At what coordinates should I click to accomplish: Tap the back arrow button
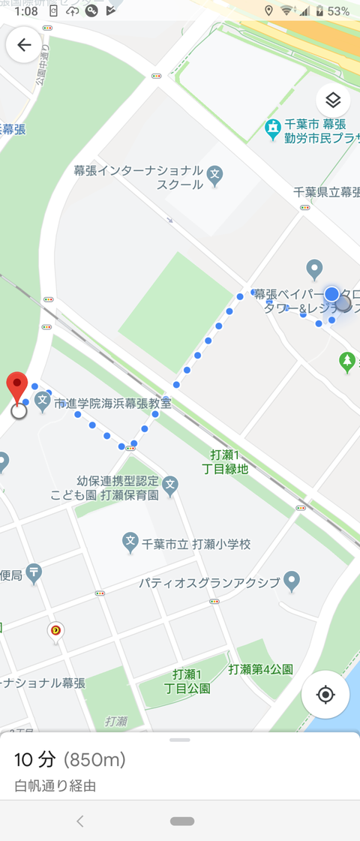(24, 45)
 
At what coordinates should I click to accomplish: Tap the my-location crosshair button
(325, 694)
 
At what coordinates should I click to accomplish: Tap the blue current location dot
(331, 293)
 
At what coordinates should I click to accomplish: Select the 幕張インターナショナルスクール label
(139, 177)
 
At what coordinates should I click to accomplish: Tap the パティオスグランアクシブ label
(209, 582)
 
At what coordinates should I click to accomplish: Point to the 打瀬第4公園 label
(261, 669)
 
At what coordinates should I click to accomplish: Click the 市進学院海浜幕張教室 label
(112, 404)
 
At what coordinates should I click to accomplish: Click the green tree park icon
(346, 362)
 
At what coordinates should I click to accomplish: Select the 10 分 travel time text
(35, 760)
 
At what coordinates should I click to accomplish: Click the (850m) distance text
(94, 760)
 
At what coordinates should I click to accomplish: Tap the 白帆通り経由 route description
(55, 786)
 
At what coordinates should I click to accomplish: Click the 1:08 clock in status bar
(25, 11)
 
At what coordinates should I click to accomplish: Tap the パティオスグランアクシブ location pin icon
(292, 580)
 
